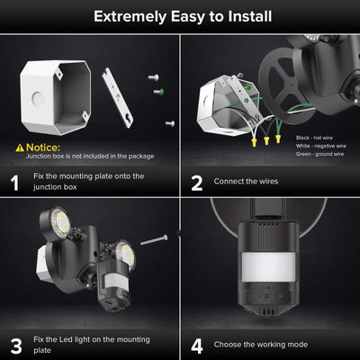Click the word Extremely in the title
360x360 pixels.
131,16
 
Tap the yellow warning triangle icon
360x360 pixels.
20,147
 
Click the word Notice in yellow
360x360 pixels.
44,147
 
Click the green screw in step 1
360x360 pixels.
157,90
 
